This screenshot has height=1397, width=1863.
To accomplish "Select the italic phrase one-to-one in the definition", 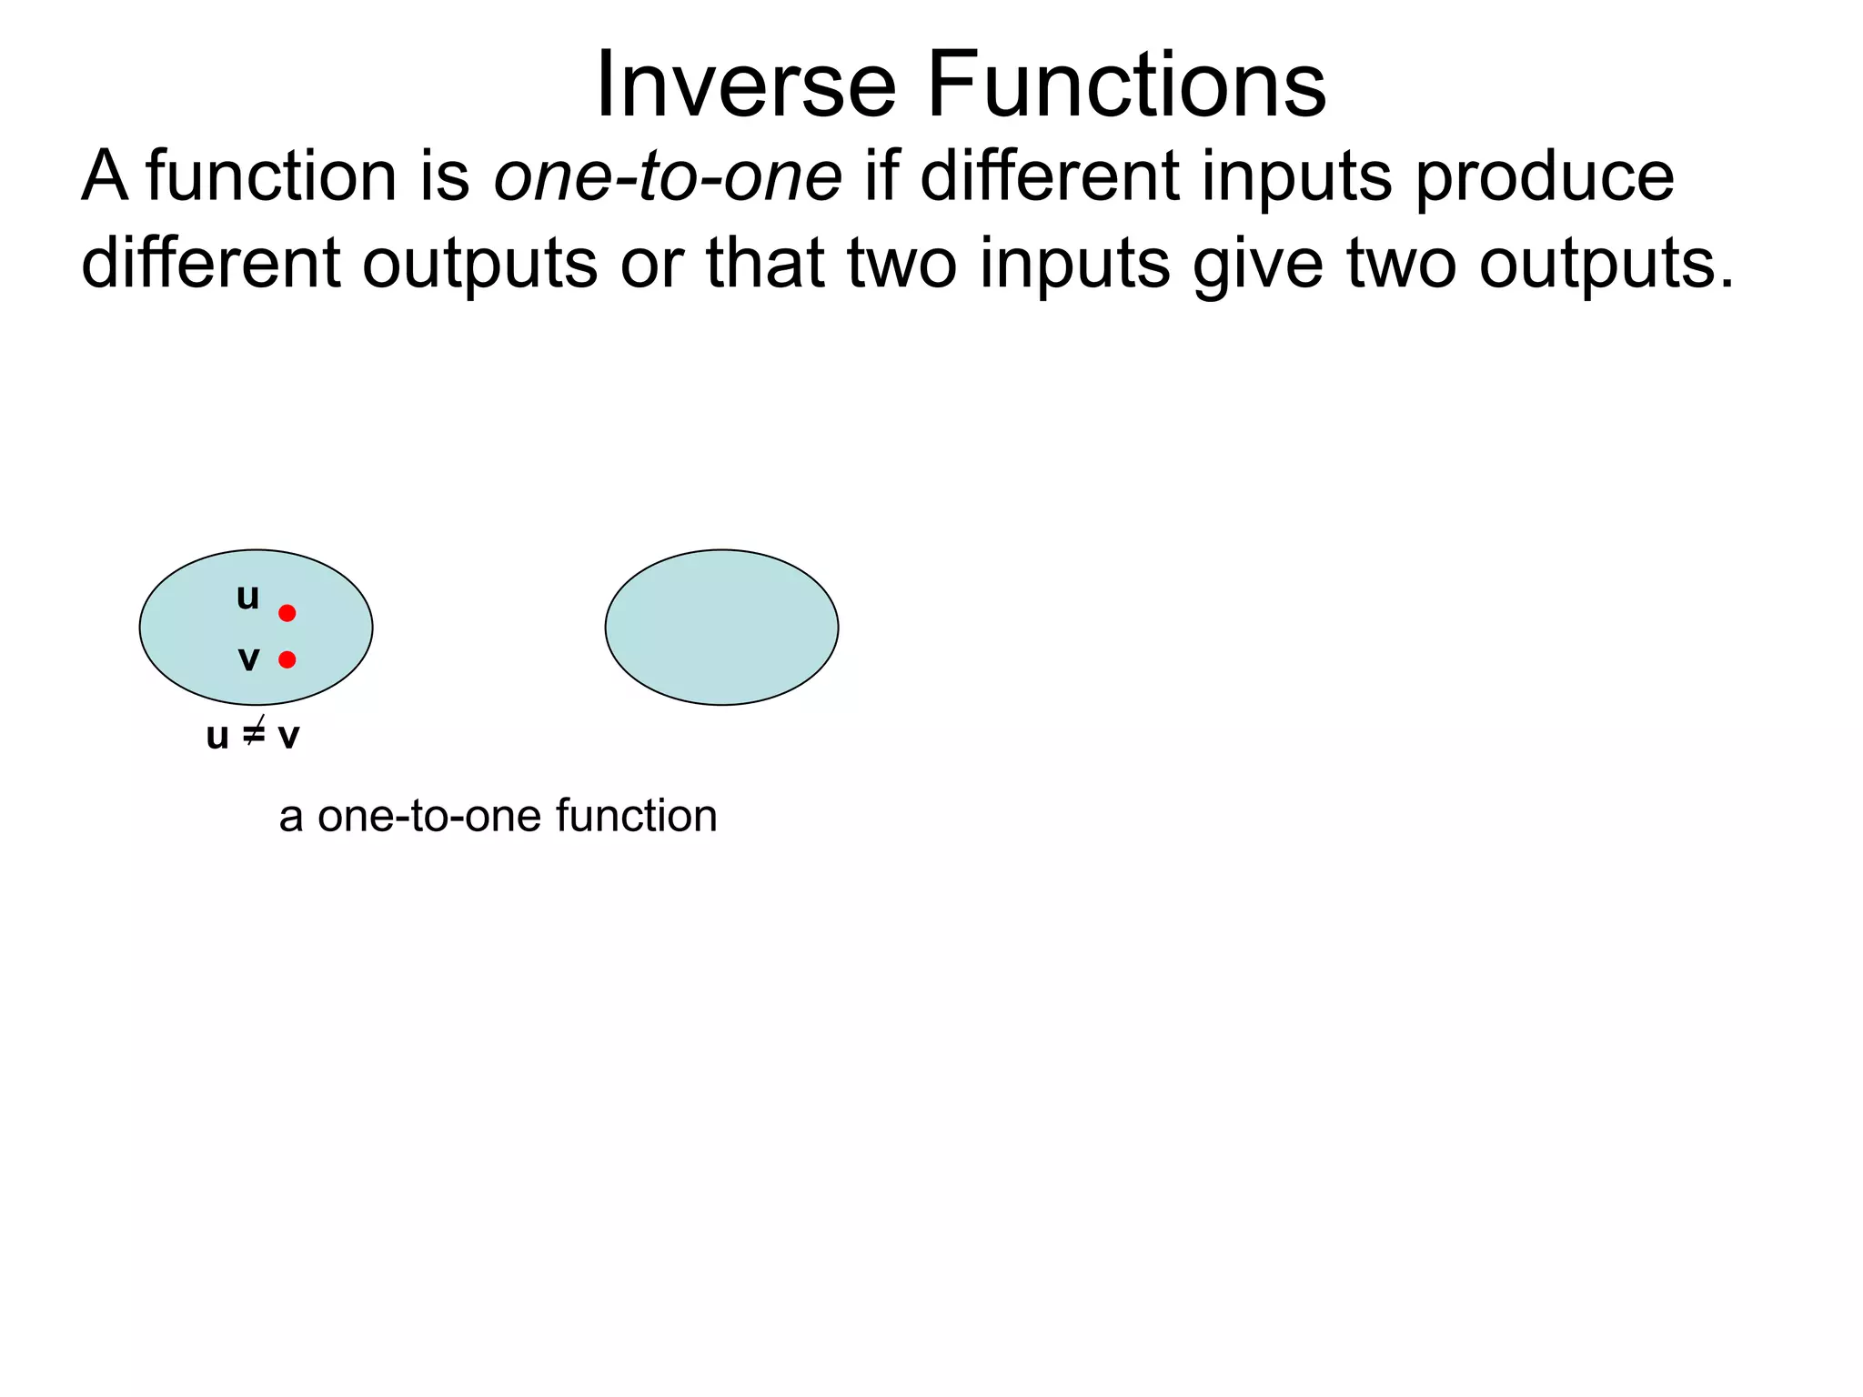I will coord(668,176).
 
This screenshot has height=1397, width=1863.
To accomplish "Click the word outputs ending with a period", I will coord(1606,264).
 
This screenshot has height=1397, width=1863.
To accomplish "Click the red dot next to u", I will coord(287,613).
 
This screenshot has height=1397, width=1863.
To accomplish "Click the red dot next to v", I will coord(287,659).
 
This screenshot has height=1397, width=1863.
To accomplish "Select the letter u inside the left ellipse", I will coord(247,598).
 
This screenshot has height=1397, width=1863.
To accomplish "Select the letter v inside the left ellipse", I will coord(248,658).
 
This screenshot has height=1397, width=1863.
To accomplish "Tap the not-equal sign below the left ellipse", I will coord(254,733).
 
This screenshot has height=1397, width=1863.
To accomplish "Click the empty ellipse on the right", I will coord(721,628).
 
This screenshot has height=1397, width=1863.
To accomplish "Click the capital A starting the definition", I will coord(104,176).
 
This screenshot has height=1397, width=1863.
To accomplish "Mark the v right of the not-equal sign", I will coord(288,736).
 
